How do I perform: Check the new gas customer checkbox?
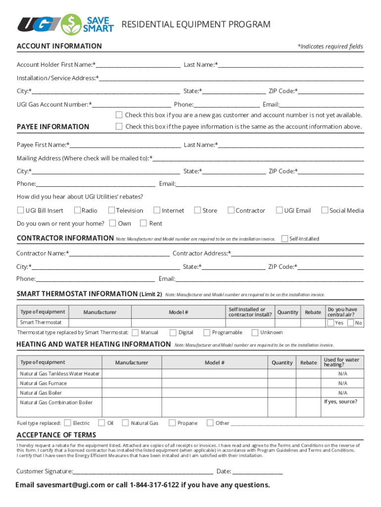point(119,115)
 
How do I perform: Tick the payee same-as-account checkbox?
point(119,126)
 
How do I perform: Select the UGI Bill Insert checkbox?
point(20,210)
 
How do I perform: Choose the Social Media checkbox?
point(325,210)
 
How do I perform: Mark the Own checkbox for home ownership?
point(113,223)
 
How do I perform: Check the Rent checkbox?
point(144,223)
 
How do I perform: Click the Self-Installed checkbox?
point(285,239)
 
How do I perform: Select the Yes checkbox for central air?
point(331,323)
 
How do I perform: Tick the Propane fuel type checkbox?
point(172,423)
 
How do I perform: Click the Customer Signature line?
point(143,471)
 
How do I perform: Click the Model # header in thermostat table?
point(178,312)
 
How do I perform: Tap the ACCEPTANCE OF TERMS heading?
point(56,435)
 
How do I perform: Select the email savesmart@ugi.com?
point(71,485)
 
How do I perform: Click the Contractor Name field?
point(119,253)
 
